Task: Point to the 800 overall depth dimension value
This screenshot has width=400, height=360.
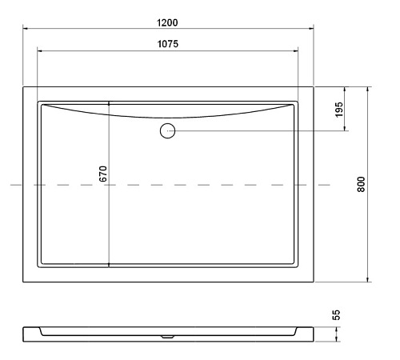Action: (361, 184)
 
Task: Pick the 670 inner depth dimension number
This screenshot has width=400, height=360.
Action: (102, 174)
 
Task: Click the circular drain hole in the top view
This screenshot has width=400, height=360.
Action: (167, 130)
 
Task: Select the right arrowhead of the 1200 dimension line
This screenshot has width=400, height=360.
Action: (310, 27)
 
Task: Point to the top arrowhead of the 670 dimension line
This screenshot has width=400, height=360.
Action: (109, 105)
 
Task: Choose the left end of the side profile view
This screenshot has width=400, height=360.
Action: (24, 331)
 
